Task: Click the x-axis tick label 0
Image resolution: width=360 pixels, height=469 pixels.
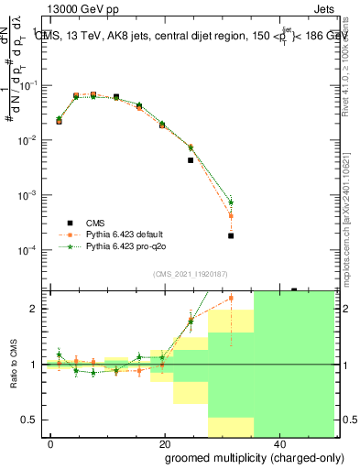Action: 50,443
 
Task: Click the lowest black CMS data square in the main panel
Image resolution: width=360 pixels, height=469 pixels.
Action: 231,235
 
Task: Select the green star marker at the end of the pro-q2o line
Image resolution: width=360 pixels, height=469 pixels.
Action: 231,202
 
